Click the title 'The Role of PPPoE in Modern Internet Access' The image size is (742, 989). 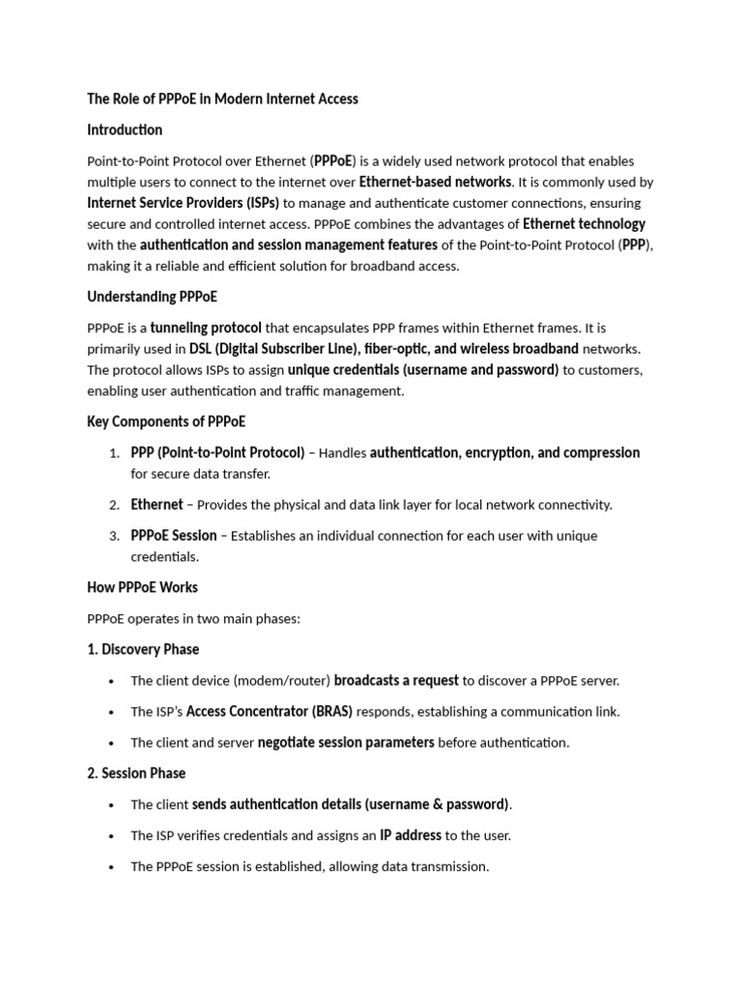tap(222, 99)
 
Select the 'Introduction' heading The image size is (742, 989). tap(125, 129)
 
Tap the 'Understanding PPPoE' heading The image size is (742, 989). tap(158, 297)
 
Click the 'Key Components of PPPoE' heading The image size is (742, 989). tap(166, 422)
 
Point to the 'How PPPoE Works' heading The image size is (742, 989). tap(142, 587)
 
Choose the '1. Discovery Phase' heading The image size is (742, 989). tap(143, 649)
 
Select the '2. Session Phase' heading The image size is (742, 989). tap(136, 773)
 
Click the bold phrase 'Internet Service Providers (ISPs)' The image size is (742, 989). tap(183, 203)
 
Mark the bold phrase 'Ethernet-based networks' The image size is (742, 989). tap(435, 182)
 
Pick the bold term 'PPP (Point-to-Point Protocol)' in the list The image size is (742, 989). tap(217, 453)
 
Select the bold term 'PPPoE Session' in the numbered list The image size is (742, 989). tap(174, 536)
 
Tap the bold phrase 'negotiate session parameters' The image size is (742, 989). tap(346, 743)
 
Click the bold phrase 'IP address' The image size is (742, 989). tap(411, 835)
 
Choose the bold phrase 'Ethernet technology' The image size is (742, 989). tap(584, 224)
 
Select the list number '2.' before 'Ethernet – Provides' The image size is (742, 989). tap(113, 505)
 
